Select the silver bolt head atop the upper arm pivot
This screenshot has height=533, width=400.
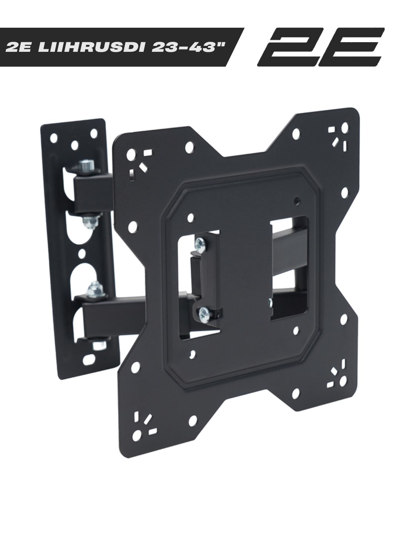(x=87, y=165)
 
